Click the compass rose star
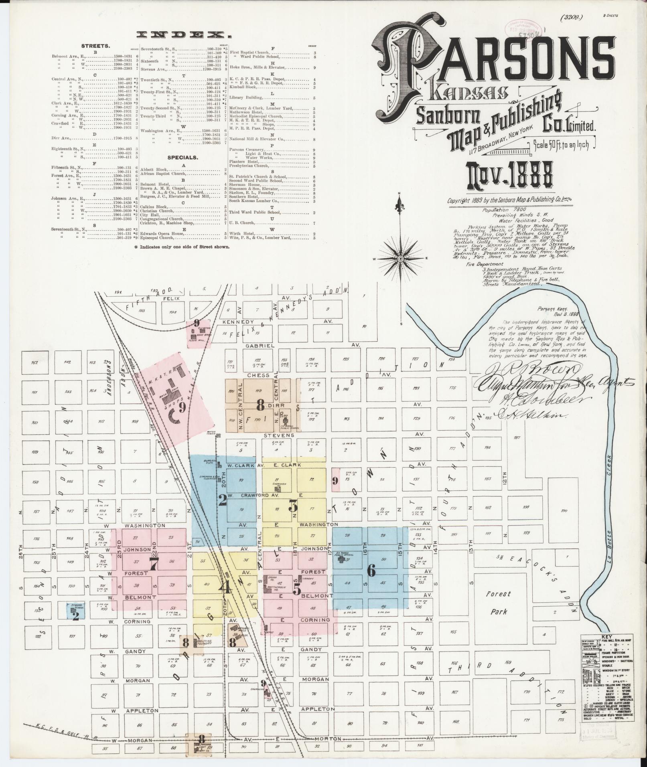(400, 259)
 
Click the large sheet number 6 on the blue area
(371, 571)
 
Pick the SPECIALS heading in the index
(183, 158)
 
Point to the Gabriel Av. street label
(260, 345)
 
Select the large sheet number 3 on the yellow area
(293, 507)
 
